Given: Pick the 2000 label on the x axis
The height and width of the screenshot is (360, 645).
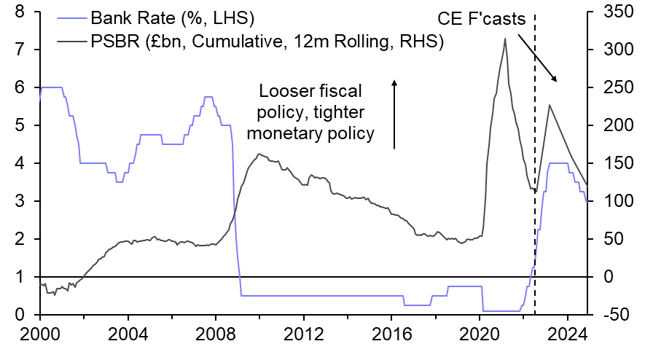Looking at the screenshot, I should click(40, 338).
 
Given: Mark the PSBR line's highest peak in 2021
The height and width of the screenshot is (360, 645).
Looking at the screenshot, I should click(505, 39).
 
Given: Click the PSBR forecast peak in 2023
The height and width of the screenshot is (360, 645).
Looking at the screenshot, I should click(549, 105).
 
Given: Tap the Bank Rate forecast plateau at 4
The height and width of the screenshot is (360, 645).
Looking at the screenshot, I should click(558, 163).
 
